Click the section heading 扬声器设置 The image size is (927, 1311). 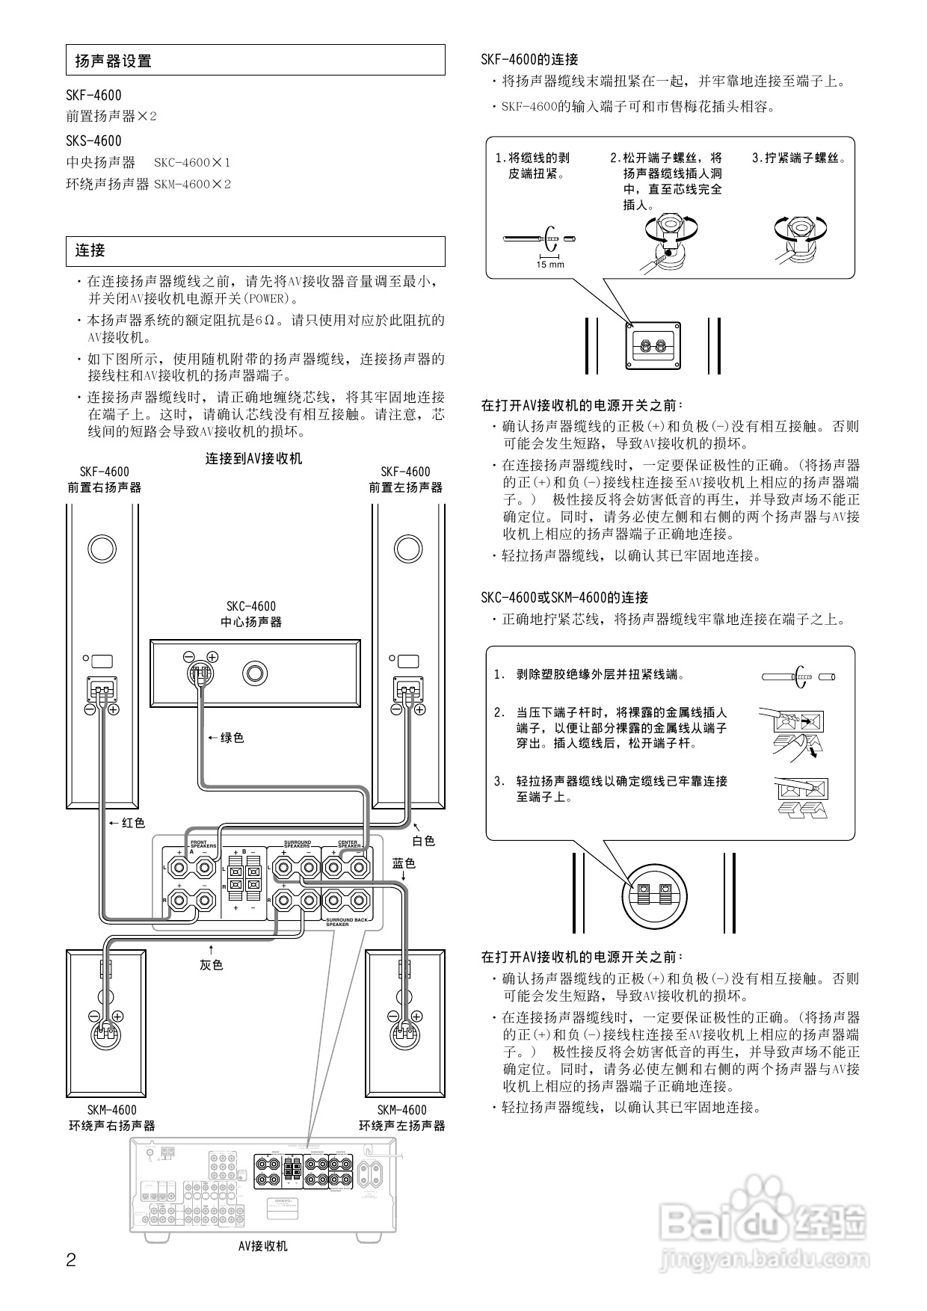coord(114,61)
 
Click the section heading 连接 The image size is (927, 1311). coord(90,251)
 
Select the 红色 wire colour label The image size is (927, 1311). coord(133,823)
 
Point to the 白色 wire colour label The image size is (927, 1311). coord(423,841)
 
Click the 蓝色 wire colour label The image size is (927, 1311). coord(404,863)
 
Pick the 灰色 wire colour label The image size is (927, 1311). coord(212,965)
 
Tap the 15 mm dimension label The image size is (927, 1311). coord(550,265)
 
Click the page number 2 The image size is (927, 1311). coord(71,1260)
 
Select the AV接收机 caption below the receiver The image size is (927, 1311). coord(262,1246)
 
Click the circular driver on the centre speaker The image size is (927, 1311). coord(254,673)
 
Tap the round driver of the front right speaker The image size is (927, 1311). coord(102,549)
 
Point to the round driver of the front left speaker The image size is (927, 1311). coord(408,549)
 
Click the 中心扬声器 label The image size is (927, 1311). coord(251,622)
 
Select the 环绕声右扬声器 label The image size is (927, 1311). coord(112,1126)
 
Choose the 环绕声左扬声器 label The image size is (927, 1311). coord(402,1126)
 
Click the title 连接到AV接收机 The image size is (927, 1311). coord(254,459)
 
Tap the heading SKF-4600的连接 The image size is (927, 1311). coord(530,60)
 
